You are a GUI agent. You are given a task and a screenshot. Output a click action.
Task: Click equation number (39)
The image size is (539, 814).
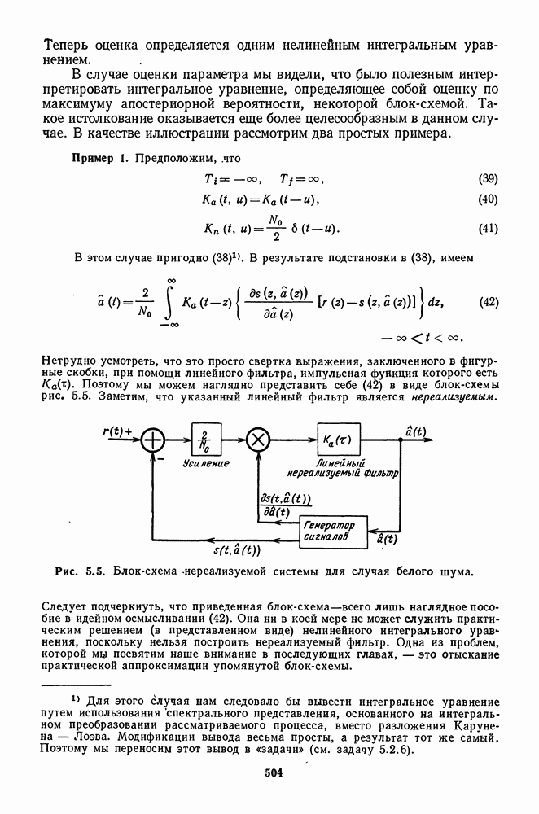[x=488, y=179]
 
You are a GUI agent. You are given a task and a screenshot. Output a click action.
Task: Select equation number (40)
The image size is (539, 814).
[x=488, y=199]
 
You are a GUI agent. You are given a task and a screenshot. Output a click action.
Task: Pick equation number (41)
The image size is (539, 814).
[x=488, y=228]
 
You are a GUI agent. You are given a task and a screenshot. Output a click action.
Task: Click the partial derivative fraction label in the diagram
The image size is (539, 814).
[x=287, y=505]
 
